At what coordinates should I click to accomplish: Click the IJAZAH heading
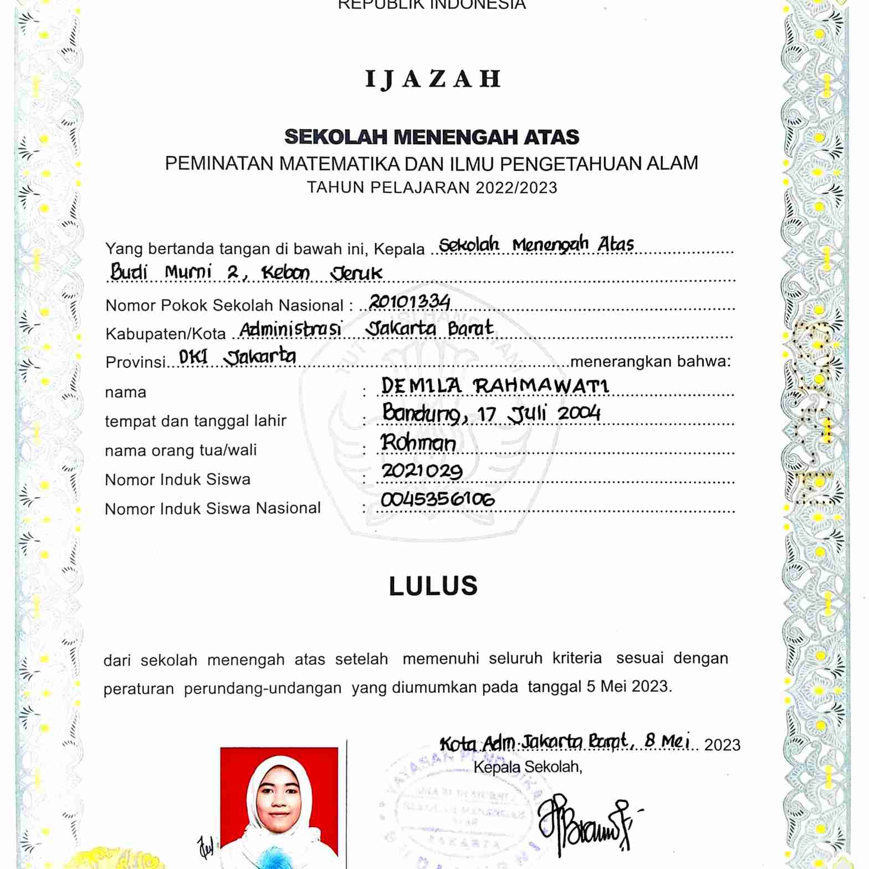pyautogui.click(x=433, y=79)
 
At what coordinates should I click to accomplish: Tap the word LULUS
pyautogui.click(x=433, y=586)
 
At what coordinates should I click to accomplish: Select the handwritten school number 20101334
pyautogui.click(x=410, y=301)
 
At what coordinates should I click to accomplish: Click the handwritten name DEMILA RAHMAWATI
pyautogui.click(x=495, y=385)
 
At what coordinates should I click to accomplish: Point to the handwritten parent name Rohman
pyautogui.click(x=418, y=443)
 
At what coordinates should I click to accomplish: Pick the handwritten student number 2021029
pyautogui.click(x=422, y=471)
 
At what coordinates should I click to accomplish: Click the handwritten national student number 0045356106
pyautogui.click(x=438, y=499)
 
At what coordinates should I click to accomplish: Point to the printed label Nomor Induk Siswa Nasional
pyautogui.click(x=213, y=508)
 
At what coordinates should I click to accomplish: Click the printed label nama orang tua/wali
pyautogui.click(x=181, y=450)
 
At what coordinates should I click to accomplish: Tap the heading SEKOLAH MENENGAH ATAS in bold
pyautogui.click(x=432, y=137)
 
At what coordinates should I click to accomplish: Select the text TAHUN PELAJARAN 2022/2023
pyautogui.click(x=432, y=188)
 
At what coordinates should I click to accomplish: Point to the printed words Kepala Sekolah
pyautogui.click(x=527, y=767)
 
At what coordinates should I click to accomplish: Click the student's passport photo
pyautogui.click(x=279, y=806)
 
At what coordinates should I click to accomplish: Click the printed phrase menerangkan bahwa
pyautogui.click(x=650, y=361)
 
